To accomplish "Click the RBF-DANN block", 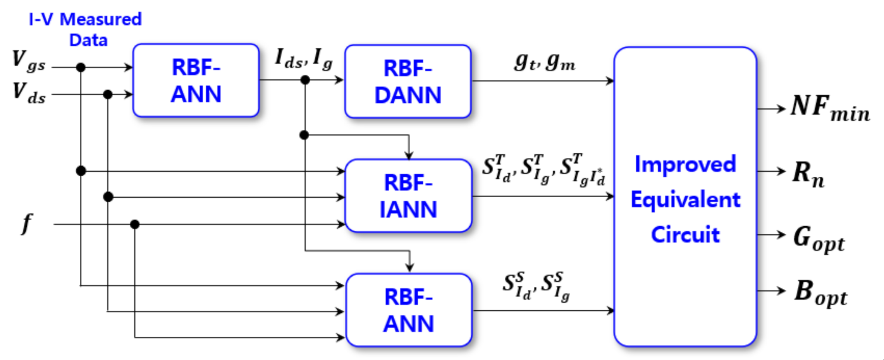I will (408, 81).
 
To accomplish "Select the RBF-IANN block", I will (408, 196).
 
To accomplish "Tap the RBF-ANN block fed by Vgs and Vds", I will (196, 80).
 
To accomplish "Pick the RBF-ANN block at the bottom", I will (409, 310).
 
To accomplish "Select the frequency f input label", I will (26, 224).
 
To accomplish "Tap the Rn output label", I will (808, 173).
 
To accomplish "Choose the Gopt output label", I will (818, 239).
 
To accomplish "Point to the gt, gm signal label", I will (544, 62).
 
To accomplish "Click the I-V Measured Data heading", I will (86, 29).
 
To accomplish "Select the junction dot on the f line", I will (134, 224).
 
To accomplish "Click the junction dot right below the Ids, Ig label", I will (305, 80).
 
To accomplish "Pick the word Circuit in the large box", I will (685, 234).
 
